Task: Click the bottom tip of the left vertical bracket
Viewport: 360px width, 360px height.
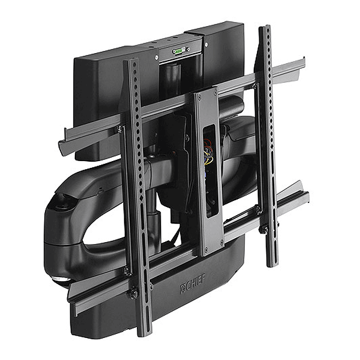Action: pos(144,333)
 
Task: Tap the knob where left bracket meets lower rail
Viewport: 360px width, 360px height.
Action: pos(134,294)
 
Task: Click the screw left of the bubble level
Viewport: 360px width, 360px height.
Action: pos(156,57)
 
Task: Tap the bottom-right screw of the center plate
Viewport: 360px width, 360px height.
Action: pos(221,243)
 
